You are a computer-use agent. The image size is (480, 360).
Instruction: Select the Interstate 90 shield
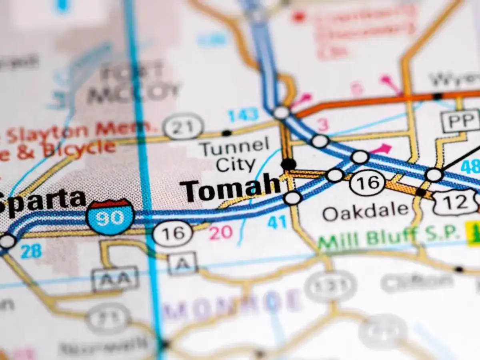(x=110, y=217)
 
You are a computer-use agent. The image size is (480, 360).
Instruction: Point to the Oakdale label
(x=366, y=211)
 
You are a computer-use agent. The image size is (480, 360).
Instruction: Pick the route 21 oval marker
(x=184, y=126)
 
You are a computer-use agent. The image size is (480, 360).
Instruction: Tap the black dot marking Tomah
(x=288, y=164)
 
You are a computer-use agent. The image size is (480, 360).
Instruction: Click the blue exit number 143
(x=243, y=115)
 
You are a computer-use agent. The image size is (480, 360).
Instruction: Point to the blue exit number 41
(x=277, y=222)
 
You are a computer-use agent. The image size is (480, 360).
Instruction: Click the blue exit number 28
(x=31, y=251)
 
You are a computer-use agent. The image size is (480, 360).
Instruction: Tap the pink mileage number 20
(x=221, y=232)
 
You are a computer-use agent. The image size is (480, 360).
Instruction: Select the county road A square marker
(x=182, y=263)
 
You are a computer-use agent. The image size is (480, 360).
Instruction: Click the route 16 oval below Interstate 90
(x=173, y=233)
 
